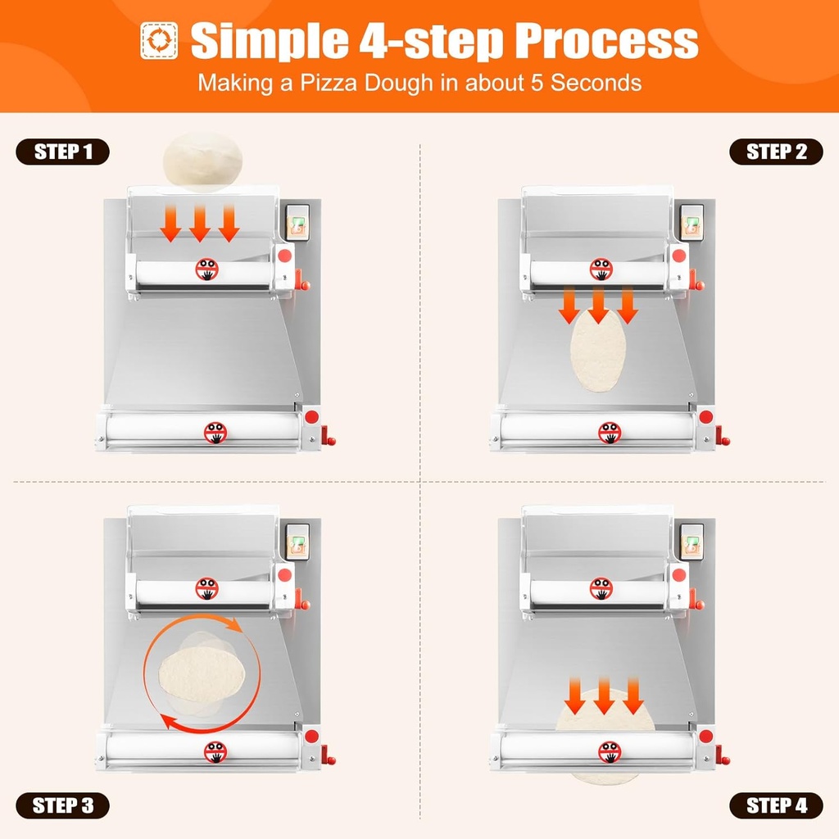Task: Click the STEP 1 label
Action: (62, 152)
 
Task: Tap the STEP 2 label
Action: (776, 152)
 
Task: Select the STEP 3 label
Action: (62, 805)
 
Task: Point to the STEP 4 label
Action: (776, 805)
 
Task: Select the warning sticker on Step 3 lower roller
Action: (215, 751)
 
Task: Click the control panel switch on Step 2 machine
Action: (692, 222)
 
